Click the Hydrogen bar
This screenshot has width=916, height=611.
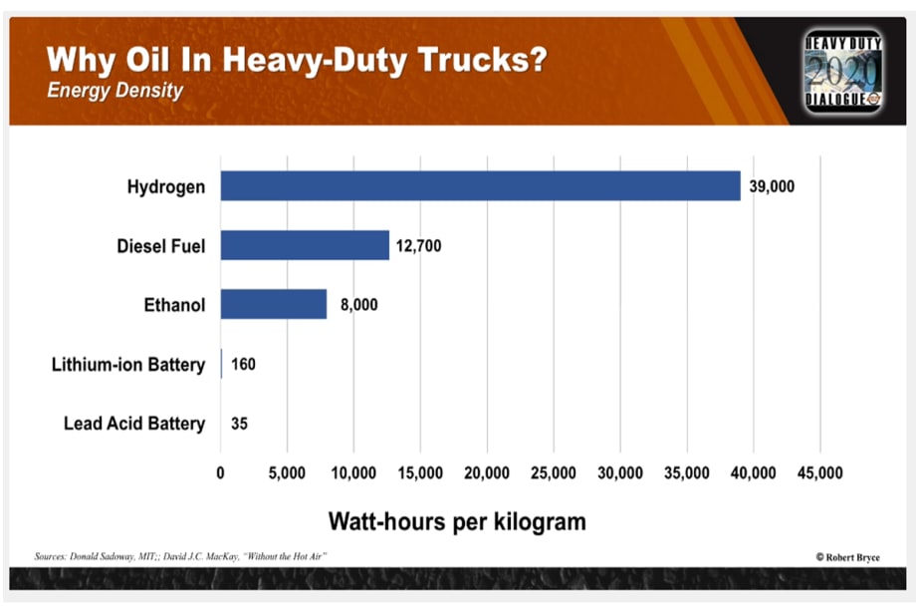click(480, 185)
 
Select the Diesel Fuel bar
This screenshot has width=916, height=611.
click(305, 245)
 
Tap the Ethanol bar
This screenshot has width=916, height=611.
click(274, 304)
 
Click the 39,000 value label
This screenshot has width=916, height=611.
click(772, 186)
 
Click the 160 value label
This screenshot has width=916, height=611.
click(243, 364)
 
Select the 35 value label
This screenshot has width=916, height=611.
click(239, 424)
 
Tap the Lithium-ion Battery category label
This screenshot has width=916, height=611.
click(128, 364)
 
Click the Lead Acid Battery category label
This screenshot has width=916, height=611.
click(134, 424)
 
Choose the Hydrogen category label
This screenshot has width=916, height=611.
click(166, 186)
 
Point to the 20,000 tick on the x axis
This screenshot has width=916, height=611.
click(487, 471)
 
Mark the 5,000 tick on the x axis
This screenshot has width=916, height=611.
click(287, 471)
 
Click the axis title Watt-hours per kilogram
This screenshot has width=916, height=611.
click(457, 520)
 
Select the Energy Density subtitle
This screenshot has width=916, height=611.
click(114, 91)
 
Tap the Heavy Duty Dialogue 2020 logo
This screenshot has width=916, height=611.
click(842, 71)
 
